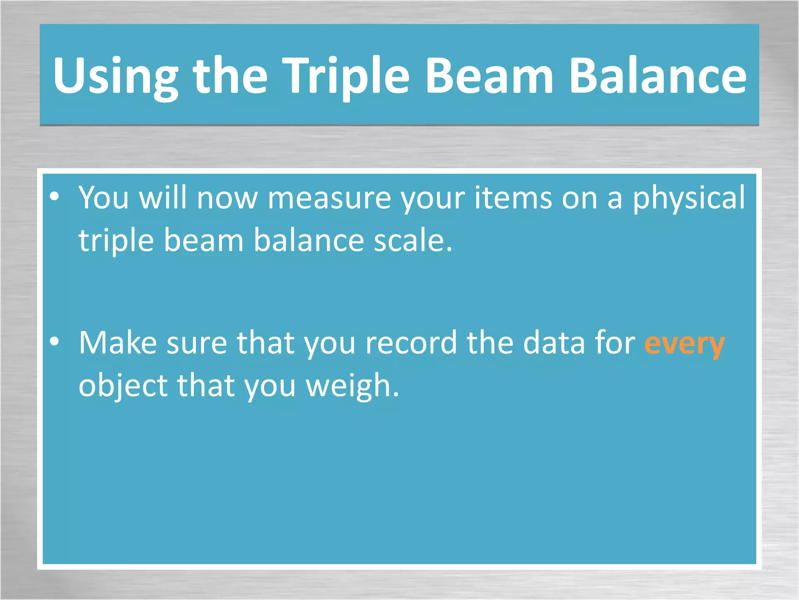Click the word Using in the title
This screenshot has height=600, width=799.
click(x=115, y=76)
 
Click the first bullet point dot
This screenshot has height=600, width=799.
click(x=55, y=196)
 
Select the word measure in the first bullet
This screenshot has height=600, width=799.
click(x=329, y=198)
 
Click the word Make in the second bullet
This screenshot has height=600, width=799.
click(x=118, y=343)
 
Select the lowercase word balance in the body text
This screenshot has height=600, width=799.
click(x=309, y=240)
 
